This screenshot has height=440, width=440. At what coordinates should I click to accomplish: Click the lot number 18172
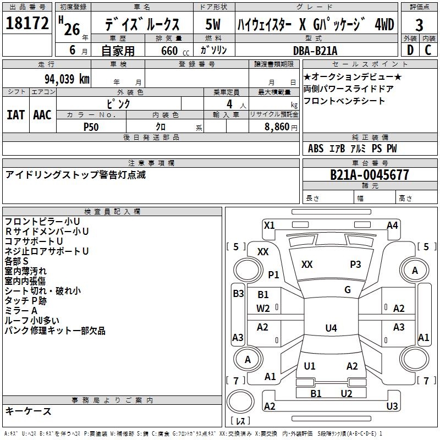(x=27, y=24)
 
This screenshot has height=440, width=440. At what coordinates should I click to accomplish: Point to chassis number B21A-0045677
(x=370, y=175)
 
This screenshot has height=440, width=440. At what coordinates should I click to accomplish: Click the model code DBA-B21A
(x=315, y=51)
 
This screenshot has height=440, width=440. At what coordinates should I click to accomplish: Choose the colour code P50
(x=91, y=127)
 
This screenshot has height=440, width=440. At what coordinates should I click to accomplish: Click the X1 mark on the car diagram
(x=269, y=225)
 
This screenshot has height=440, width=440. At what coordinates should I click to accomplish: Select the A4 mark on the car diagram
(x=392, y=225)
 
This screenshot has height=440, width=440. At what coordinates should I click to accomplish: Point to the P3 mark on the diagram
(x=355, y=265)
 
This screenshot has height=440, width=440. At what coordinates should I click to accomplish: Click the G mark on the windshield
(x=348, y=290)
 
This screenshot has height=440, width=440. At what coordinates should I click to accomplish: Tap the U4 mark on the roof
(x=331, y=328)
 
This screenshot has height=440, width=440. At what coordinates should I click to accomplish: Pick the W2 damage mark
(x=263, y=308)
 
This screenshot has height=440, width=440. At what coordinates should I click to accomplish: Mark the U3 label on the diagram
(x=392, y=406)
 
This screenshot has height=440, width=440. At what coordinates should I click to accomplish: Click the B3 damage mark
(x=238, y=294)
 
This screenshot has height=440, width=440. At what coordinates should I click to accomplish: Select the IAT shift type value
(x=16, y=115)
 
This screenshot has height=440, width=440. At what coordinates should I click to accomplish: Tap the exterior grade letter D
(x=410, y=50)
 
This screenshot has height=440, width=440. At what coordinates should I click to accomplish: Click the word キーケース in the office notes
(x=29, y=411)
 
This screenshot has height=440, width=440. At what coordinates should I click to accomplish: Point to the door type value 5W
(x=213, y=25)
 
